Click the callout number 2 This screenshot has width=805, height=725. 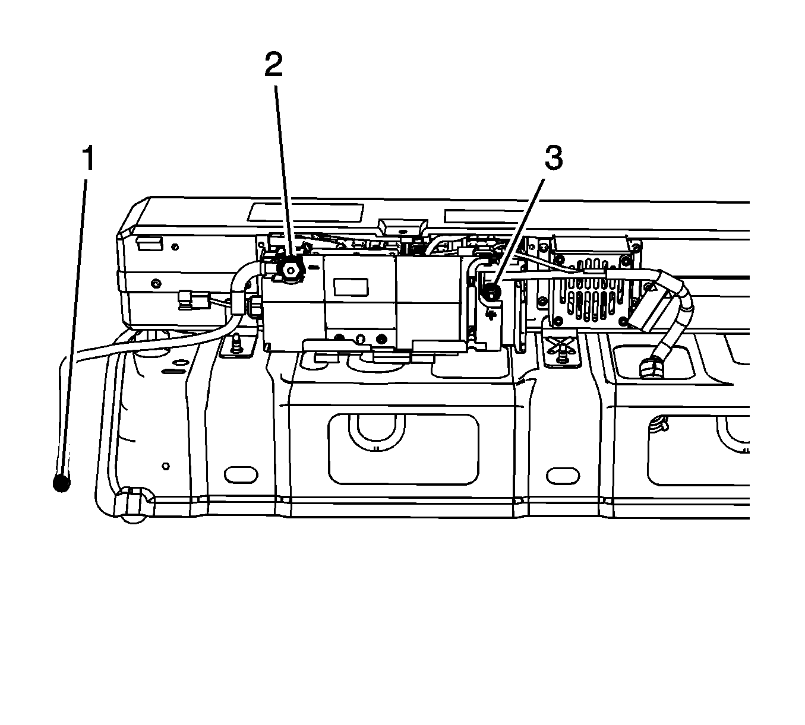(273, 65)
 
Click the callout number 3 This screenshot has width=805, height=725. (553, 159)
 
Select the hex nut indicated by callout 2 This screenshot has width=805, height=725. (291, 271)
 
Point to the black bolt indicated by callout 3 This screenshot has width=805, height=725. (491, 291)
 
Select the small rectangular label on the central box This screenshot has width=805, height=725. (351, 287)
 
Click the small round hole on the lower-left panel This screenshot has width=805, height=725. (166, 466)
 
